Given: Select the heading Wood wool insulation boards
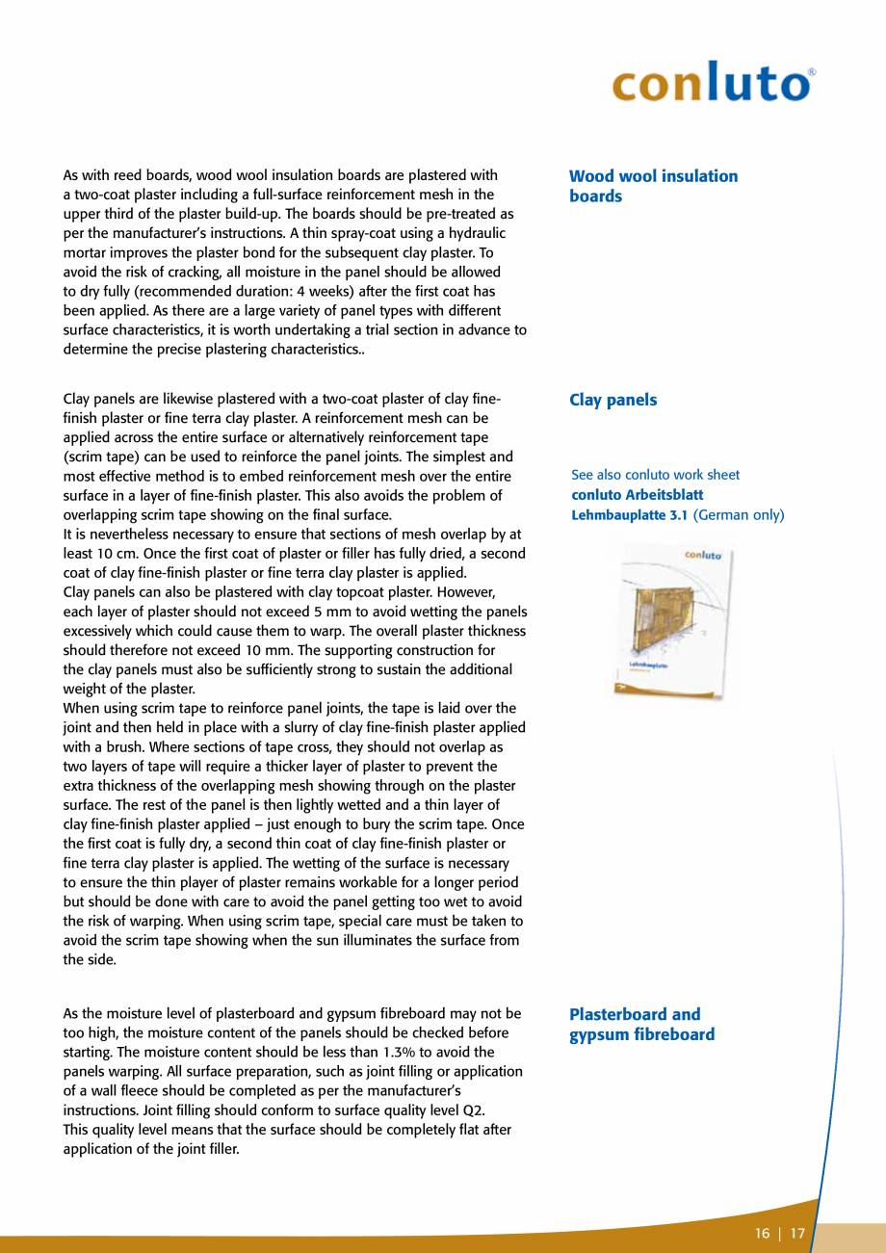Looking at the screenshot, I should point(653,186).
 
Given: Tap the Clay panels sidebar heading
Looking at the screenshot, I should point(612,400).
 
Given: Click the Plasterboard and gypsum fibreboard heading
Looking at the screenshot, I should point(641,1025).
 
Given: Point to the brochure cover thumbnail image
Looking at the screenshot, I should point(668,621).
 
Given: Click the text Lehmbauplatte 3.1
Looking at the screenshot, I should point(629,515).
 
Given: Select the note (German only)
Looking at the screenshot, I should point(739,515).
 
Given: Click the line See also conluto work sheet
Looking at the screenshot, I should point(655,475).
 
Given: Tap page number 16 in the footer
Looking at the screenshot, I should point(763,1234).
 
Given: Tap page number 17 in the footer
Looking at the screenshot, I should point(797,1234).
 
